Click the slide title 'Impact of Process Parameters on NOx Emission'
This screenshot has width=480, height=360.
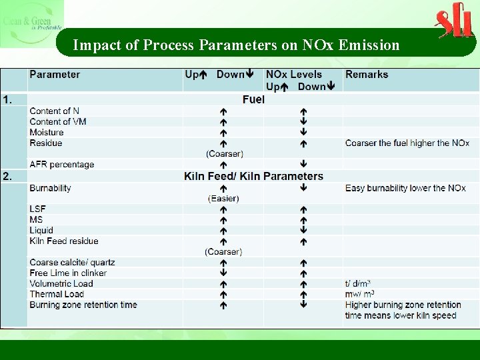(x=236, y=45)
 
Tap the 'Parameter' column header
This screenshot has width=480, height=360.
(x=55, y=75)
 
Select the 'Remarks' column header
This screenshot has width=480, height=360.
(x=367, y=75)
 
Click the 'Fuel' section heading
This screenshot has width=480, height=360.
(x=253, y=99)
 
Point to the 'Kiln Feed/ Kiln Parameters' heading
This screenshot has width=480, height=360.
(x=253, y=177)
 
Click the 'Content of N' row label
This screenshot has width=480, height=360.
(x=54, y=111)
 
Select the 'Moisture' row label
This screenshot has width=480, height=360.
(x=47, y=132)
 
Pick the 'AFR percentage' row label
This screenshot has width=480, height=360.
(x=61, y=165)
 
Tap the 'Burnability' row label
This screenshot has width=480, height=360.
(x=50, y=188)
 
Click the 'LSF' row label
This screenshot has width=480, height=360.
(x=37, y=209)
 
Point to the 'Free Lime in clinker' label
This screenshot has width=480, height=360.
(x=68, y=273)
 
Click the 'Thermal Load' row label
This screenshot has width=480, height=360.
(x=57, y=294)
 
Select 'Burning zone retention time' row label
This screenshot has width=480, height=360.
(x=83, y=305)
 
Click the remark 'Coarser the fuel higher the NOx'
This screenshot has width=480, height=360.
(x=407, y=143)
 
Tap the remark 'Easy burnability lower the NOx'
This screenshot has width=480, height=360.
(x=405, y=188)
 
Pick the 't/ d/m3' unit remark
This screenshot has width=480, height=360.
(x=358, y=283)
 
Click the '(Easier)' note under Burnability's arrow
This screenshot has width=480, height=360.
(x=223, y=198)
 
